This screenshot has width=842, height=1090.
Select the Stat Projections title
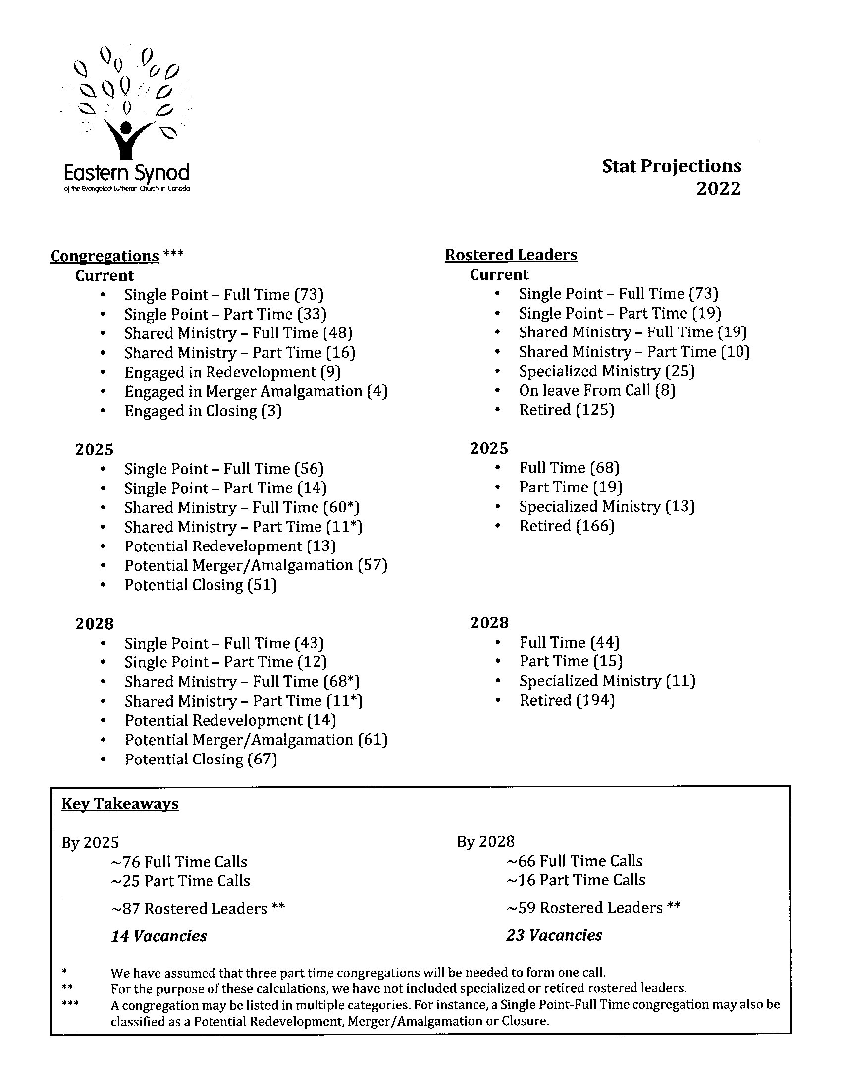(x=671, y=166)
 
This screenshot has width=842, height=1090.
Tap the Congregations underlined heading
(x=105, y=256)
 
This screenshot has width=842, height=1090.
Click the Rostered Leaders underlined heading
(x=511, y=255)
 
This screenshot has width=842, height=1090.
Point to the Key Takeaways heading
(x=120, y=804)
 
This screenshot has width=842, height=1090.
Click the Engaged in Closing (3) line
(x=203, y=411)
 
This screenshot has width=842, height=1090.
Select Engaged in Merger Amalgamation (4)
(x=256, y=391)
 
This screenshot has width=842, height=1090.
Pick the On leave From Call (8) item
(x=597, y=390)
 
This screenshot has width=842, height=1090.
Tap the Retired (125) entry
(x=567, y=410)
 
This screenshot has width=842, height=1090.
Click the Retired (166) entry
(x=567, y=526)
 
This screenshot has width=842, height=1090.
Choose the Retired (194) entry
(x=567, y=700)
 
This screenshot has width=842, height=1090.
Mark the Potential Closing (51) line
(x=201, y=585)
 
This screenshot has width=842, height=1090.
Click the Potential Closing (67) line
(x=201, y=759)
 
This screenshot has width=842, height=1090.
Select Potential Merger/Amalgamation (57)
(x=256, y=565)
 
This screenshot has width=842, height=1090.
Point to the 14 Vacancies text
(x=158, y=936)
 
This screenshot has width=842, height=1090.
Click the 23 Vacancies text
(x=554, y=935)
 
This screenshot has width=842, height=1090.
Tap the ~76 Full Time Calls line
(x=179, y=862)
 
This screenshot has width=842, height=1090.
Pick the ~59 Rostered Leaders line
(x=593, y=907)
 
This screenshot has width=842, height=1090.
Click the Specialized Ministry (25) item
(x=607, y=371)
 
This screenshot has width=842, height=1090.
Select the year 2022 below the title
(x=718, y=189)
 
